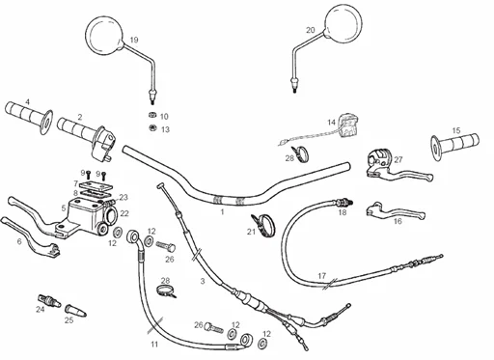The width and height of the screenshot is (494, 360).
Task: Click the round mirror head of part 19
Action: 104,35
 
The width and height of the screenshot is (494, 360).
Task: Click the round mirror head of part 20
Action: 343,24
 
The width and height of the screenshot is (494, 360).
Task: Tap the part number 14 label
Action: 331,123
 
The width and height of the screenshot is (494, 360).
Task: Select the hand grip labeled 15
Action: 455,144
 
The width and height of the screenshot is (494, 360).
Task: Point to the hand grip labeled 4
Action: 29,118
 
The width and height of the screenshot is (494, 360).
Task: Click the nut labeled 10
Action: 152,115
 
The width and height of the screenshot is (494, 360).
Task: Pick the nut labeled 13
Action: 152,127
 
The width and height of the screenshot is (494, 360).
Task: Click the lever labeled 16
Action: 396,212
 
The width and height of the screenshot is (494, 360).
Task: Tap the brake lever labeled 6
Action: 31,237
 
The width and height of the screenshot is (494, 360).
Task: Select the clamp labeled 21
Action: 264,225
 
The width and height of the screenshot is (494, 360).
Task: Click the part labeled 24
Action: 49,300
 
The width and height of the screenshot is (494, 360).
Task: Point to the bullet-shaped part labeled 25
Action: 75,310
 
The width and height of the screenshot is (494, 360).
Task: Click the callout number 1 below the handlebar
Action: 222,212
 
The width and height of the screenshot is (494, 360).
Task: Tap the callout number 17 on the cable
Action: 322,276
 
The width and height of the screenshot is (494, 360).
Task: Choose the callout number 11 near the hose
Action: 154,345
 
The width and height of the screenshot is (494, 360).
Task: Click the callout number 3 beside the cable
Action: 203,281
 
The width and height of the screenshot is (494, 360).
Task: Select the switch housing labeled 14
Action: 348,125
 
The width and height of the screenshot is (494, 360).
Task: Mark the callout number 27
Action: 398,159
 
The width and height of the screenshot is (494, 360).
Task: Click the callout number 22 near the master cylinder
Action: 124,213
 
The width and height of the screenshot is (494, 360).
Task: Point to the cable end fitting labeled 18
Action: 343,203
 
